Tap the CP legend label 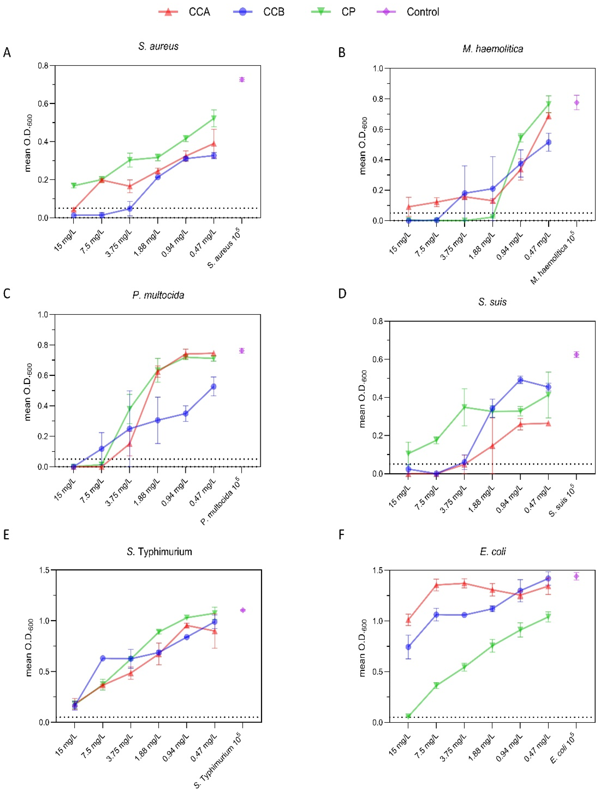click(x=348, y=12)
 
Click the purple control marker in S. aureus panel click(x=242, y=80)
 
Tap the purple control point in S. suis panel click(x=576, y=355)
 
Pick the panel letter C click(x=6, y=294)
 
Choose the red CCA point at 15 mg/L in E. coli click(x=408, y=620)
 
